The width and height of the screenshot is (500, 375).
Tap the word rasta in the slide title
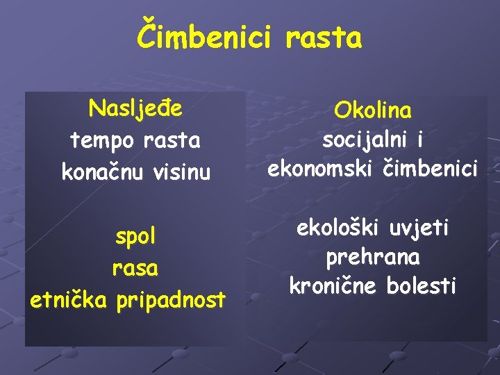tap(323, 38)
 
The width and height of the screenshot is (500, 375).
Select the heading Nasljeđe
tap(135, 108)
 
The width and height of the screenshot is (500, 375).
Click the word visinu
tap(178, 171)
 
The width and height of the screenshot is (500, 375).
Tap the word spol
tap(135, 237)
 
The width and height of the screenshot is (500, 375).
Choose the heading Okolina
tap(372, 110)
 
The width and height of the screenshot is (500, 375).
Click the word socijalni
tap(364, 140)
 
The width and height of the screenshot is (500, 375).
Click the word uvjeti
tap(419, 228)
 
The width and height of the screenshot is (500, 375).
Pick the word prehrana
tap(372, 257)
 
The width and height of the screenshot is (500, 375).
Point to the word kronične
tap(331, 285)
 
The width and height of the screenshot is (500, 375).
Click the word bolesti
tap(422, 285)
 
